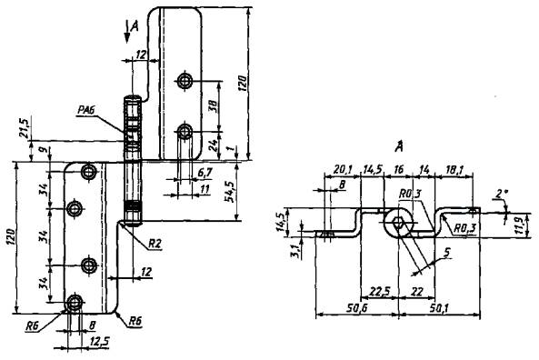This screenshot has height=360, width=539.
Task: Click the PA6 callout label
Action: coord(86,111)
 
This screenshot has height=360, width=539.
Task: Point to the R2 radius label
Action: coord(155,244)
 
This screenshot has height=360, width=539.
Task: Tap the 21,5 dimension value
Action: coord(25,127)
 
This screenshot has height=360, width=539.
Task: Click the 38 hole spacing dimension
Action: coord(213,105)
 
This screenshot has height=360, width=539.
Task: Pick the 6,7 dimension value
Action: coord(205,174)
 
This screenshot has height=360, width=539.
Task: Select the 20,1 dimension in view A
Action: coord(342,169)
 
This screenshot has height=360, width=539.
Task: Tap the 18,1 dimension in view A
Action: coord(454,169)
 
